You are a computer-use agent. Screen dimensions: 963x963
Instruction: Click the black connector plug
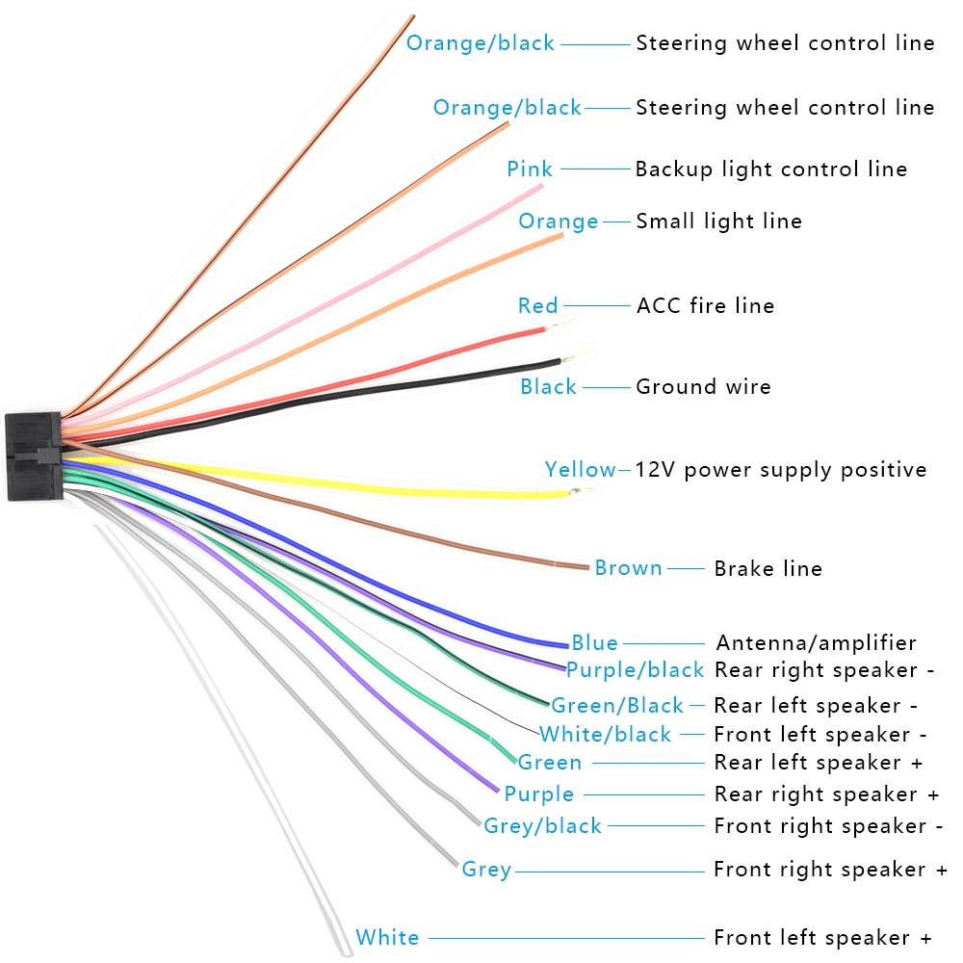click(x=34, y=456)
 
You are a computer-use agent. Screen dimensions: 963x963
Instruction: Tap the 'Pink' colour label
click(x=530, y=169)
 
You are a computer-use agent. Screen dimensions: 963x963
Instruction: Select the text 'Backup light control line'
click(x=770, y=169)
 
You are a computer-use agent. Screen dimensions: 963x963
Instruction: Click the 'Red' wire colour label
click(x=537, y=306)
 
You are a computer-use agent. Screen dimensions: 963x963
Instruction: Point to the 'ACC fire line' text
click(x=705, y=306)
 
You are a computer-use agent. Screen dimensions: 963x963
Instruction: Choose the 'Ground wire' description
click(x=703, y=387)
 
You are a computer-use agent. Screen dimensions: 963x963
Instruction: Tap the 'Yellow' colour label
click(x=580, y=470)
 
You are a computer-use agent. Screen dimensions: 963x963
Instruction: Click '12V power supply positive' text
click(x=780, y=470)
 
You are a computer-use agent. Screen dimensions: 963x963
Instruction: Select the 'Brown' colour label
click(x=628, y=568)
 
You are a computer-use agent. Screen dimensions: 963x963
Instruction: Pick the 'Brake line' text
click(x=768, y=569)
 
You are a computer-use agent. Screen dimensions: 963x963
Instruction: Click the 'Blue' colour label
click(x=594, y=642)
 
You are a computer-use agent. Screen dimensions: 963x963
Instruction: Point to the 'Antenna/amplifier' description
click(x=816, y=642)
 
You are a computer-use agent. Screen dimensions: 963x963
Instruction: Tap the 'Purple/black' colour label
click(x=635, y=670)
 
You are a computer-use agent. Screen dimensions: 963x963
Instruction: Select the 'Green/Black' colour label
click(x=616, y=706)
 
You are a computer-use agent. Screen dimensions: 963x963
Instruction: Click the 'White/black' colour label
click(x=605, y=735)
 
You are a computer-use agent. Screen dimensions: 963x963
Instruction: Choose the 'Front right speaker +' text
click(x=830, y=870)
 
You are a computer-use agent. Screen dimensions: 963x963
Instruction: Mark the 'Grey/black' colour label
click(x=542, y=826)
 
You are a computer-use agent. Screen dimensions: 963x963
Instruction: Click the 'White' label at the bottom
click(x=387, y=938)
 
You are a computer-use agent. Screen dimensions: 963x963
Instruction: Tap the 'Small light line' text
click(x=718, y=221)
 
